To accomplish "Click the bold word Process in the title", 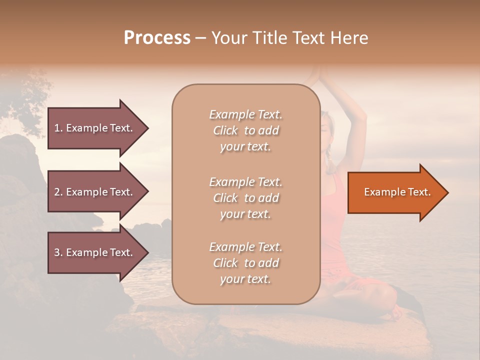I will pos(157,38).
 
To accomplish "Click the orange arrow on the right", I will pos(395,192).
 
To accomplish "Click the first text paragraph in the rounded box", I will pos(245,130).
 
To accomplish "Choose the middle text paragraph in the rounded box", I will pos(245,198).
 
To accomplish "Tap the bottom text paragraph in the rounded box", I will pos(245,263).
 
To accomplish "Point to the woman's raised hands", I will pos(316,75).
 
